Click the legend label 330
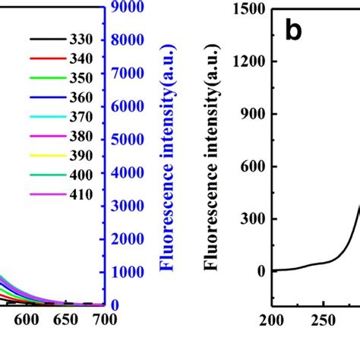[81, 39]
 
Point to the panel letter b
[295, 32]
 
